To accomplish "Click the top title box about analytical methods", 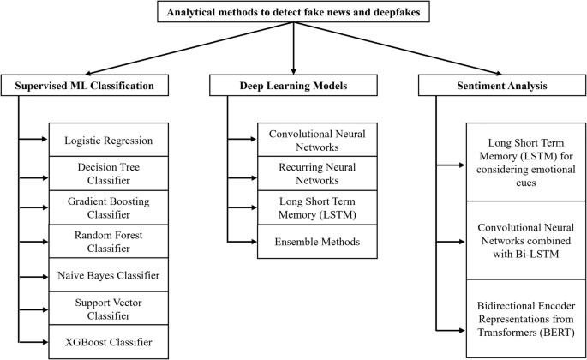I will pyautogui.click(x=293, y=12).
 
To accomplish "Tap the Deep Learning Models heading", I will pyautogui.click(x=294, y=86).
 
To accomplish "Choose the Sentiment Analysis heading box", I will pyautogui.click(x=500, y=86).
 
